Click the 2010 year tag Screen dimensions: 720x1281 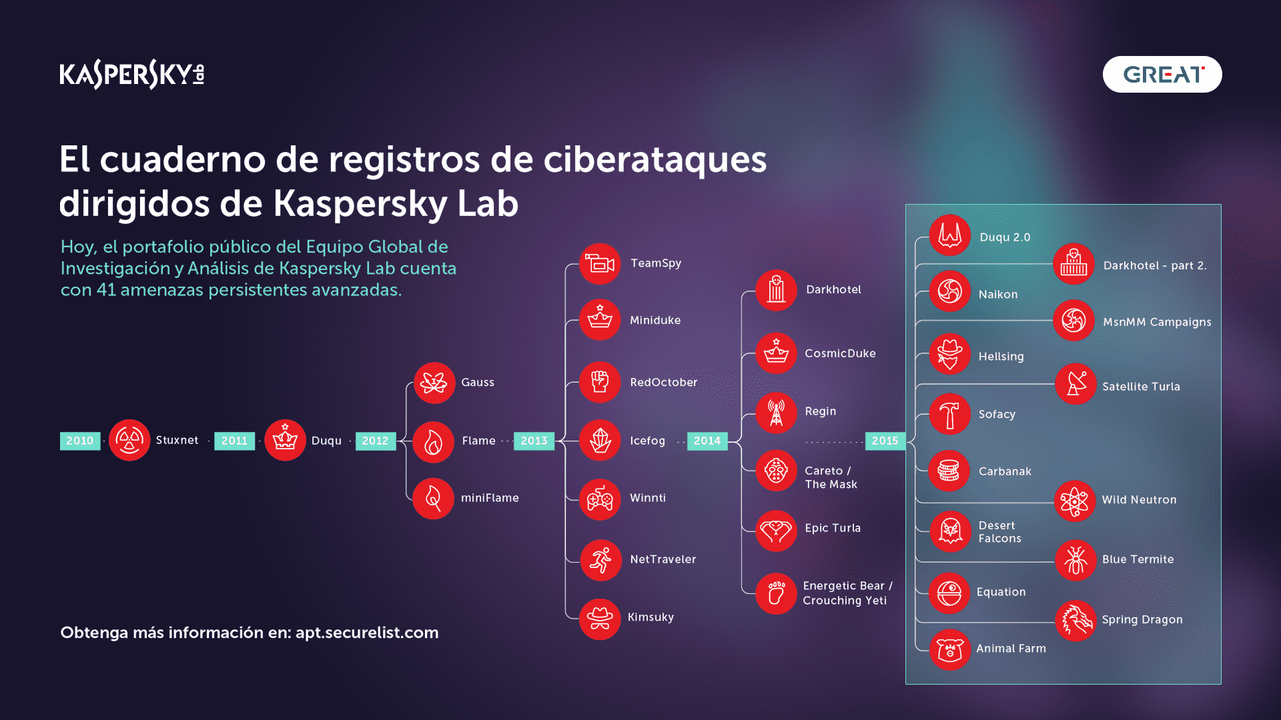click(80, 441)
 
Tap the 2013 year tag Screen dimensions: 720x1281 click(534, 441)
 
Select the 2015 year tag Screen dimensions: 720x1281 click(885, 441)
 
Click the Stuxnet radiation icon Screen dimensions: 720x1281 click(129, 440)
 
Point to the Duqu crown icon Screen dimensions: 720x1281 click(285, 440)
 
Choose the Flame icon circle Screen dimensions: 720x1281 click(433, 442)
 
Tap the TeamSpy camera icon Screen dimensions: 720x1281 click(600, 264)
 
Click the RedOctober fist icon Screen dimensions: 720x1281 click(600, 382)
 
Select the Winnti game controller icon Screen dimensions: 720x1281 click(600, 499)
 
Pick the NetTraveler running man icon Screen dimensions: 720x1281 click(600, 560)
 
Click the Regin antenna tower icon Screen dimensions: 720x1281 click(776, 413)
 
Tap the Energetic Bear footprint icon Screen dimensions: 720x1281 click(776, 593)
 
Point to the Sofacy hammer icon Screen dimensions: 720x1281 click(949, 414)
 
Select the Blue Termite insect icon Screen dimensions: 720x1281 click(1076, 560)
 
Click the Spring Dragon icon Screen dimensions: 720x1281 click(1076, 620)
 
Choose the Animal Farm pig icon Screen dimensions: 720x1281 click(949, 649)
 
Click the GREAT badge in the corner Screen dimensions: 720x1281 click(1162, 74)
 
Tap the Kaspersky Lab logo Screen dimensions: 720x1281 click(132, 74)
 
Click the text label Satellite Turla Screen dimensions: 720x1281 click(1141, 387)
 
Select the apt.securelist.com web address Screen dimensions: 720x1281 click(367, 633)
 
